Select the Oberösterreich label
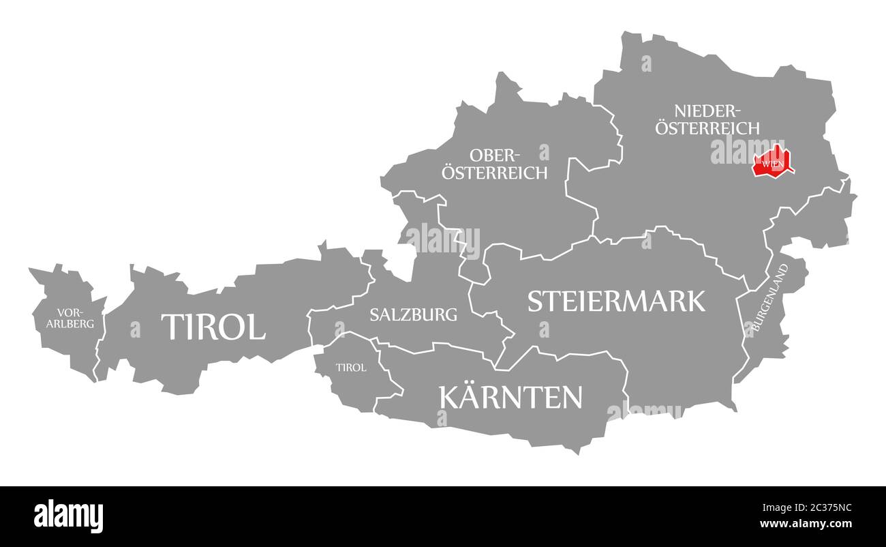tap(494, 164)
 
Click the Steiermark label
tap(616, 301)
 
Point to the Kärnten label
tap(511, 396)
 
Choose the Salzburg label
tap(413, 314)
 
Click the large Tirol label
tap(213, 327)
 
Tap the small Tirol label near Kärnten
tap(351, 367)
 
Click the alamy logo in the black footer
tap(68, 516)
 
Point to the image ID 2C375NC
tap(806, 507)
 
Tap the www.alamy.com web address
tap(806, 524)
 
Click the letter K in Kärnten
tap(450, 397)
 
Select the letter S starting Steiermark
tap(536, 301)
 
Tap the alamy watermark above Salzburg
tap(443, 239)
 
